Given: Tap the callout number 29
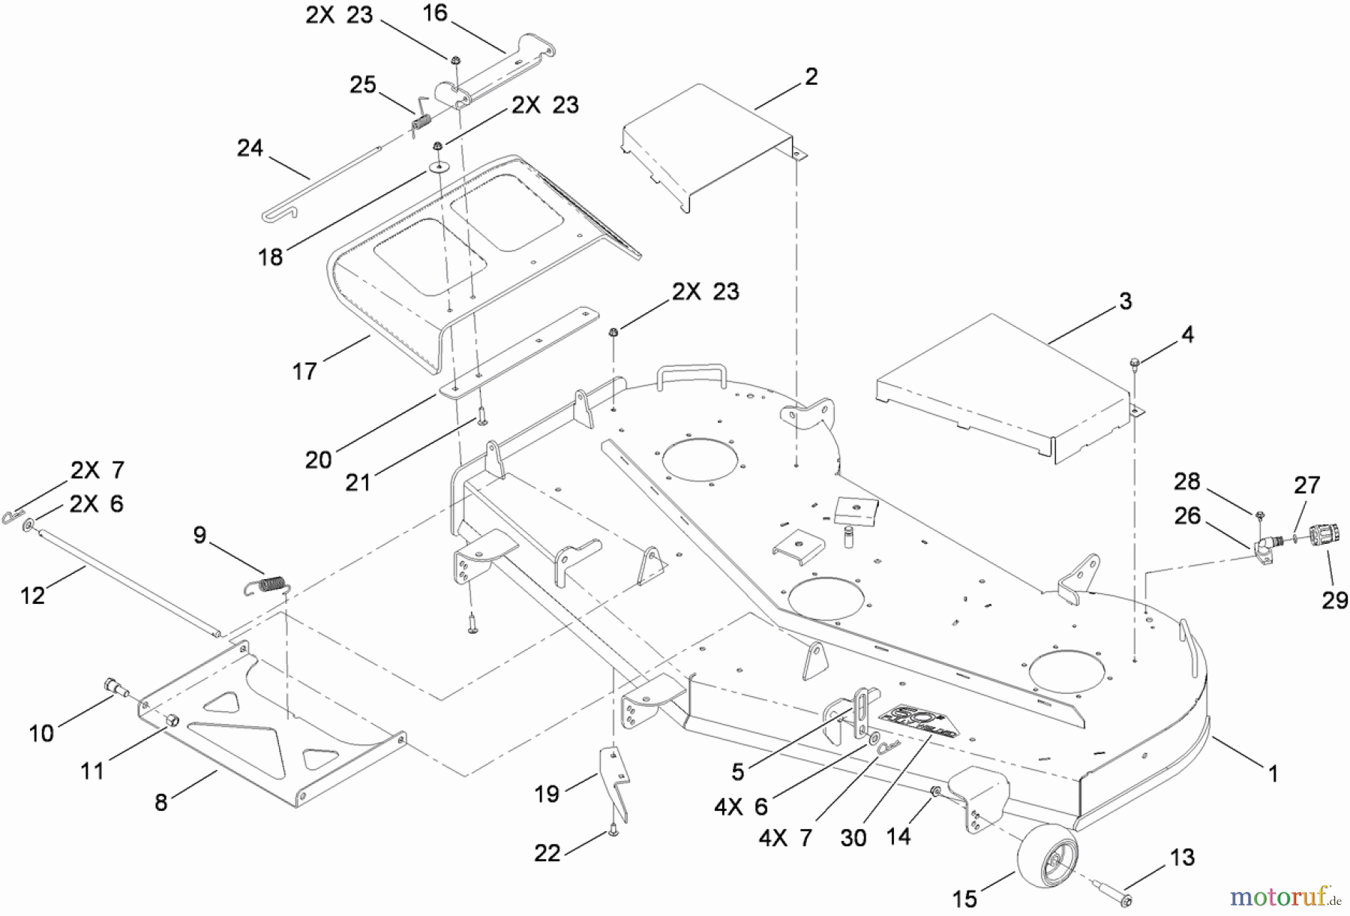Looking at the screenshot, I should pos(1334,600).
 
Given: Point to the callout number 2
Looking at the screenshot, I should pos(811,77).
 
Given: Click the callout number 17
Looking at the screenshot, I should pos(304,371).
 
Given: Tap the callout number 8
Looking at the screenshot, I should pos(160,802).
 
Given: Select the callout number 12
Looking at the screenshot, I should pos(33,595).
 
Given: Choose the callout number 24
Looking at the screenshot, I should pos(250,148).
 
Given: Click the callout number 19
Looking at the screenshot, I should pos(547,793).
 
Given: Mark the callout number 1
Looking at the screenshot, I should pos(1273,773).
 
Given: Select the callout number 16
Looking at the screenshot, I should pos(435,14).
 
